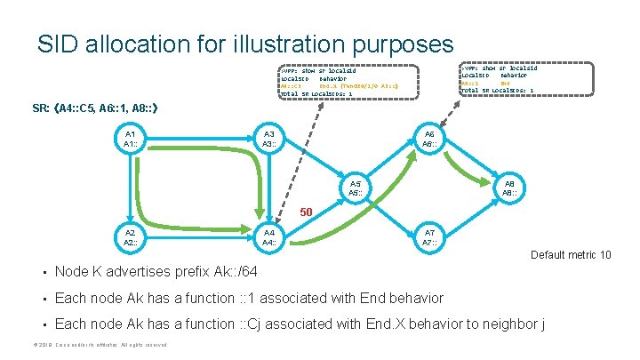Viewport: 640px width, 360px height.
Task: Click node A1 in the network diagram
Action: click(x=130, y=139)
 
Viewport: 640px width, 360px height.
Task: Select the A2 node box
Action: click(x=130, y=237)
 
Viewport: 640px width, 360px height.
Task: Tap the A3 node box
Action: click(x=268, y=139)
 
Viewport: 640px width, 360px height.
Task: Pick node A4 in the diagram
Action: click(x=268, y=237)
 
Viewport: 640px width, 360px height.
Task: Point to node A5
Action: click(x=355, y=188)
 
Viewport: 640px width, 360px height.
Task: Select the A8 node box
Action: click(x=509, y=188)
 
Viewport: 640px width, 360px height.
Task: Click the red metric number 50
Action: click(x=305, y=212)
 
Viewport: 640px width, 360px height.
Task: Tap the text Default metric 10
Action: click(x=571, y=255)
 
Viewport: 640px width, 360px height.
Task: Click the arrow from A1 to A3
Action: click(x=201, y=139)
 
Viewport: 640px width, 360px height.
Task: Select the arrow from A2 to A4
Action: click(x=201, y=237)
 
